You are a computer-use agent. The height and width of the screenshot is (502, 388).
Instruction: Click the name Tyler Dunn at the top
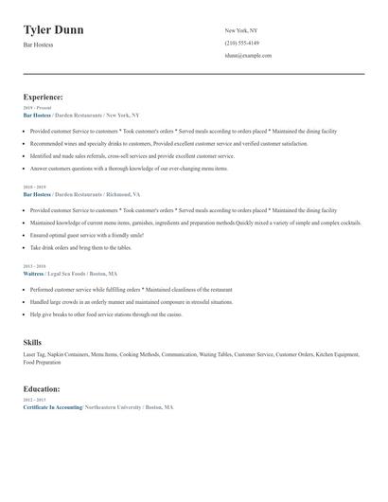pyautogui.click(x=53, y=30)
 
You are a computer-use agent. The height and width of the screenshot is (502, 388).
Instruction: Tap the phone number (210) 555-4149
pyautogui.click(x=241, y=44)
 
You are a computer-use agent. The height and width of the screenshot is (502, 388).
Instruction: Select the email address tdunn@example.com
pyautogui.click(x=248, y=56)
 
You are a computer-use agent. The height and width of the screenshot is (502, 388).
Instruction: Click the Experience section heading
pyautogui.click(x=44, y=97)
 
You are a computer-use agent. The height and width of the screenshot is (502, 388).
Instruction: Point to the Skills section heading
pyautogui.click(x=32, y=343)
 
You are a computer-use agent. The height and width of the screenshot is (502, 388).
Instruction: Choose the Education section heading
pyautogui.click(x=42, y=388)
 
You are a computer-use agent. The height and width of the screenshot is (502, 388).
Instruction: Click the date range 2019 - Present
pyautogui.click(x=36, y=108)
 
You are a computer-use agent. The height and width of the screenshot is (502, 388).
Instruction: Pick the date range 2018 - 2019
pyautogui.click(x=33, y=188)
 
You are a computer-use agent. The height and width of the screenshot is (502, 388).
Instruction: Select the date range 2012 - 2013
pyautogui.click(x=33, y=400)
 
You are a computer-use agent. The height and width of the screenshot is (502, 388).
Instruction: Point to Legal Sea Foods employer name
pyautogui.click(x=72, y=274)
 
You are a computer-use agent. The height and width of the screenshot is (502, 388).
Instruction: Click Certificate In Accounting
pyautogui.click(x=52, y=406)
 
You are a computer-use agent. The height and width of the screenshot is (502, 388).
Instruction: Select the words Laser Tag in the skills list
pyautogui.click(x=33, y=354)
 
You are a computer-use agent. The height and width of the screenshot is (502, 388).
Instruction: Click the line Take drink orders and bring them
pyautogui.click(x=80, y=247)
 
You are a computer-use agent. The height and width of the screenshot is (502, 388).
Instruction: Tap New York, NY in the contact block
pyautogui.click(x=241, y=30)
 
